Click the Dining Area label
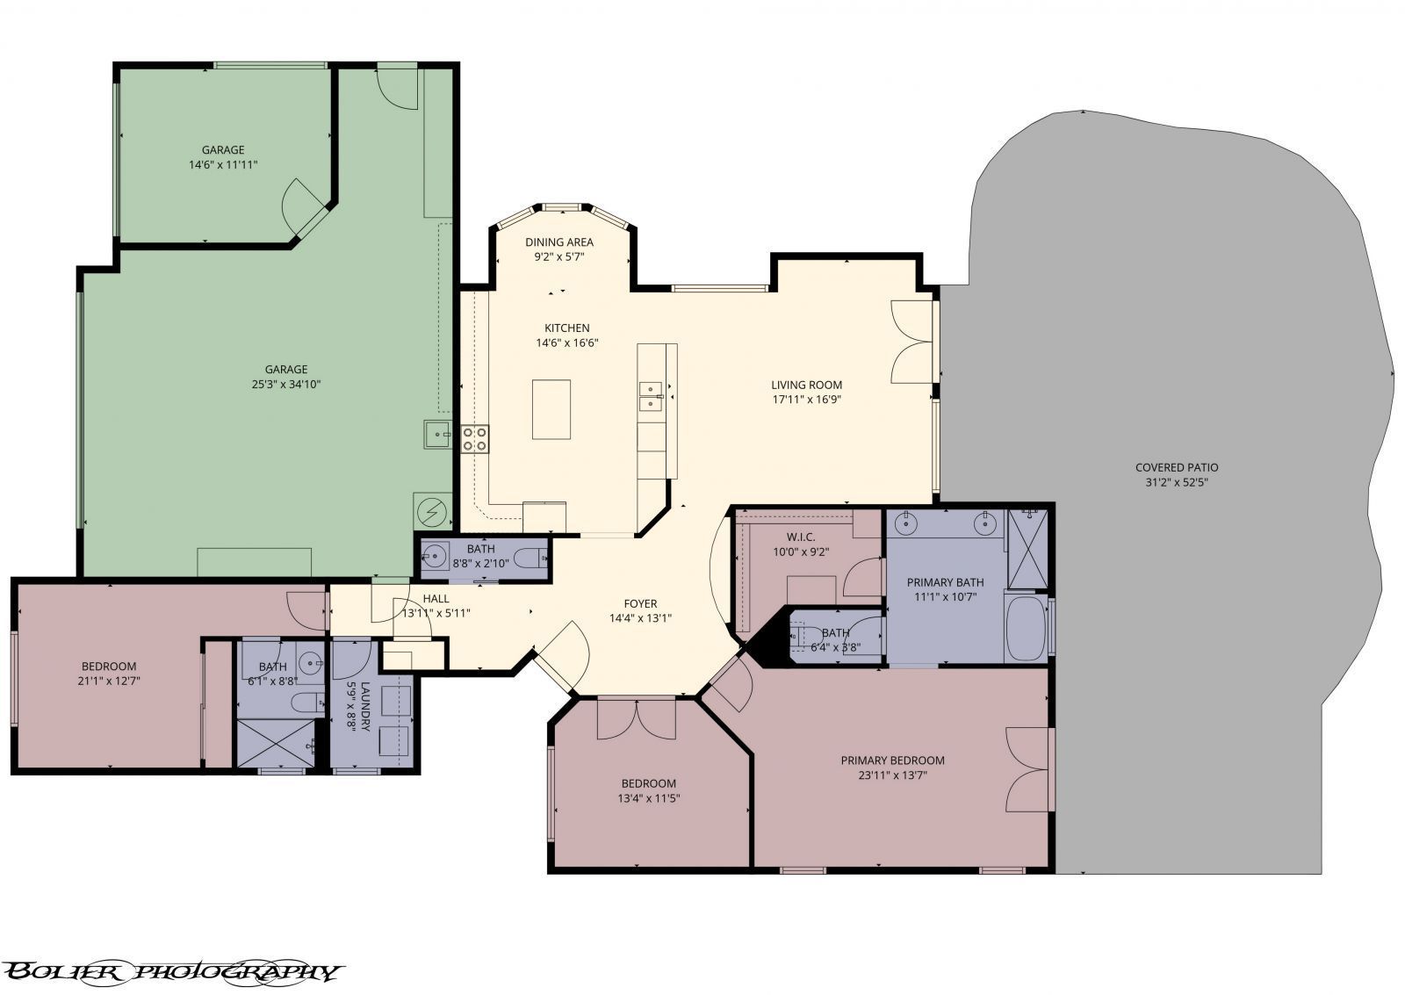558,242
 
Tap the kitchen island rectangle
551,409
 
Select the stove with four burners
476,438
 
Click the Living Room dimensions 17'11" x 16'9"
806,400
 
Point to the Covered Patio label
1177,467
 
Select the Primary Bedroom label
892,761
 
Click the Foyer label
640,603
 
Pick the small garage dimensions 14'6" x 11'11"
223,164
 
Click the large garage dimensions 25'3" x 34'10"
286,385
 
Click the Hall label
436,599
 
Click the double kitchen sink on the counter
650,396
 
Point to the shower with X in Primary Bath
1027,549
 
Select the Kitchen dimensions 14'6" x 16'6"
566,343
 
